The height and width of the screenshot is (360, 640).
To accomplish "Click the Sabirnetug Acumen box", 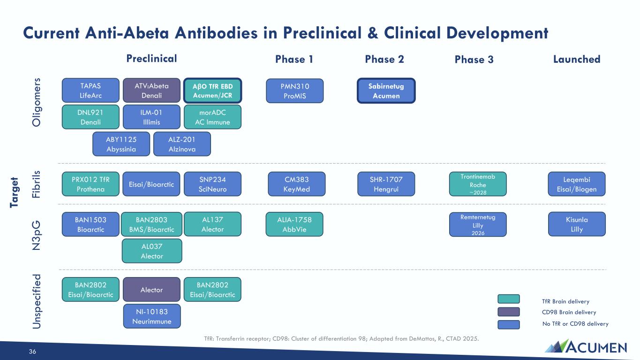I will [x=386, y=90].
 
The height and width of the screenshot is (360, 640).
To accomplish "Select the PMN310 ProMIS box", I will [x=294, y=90].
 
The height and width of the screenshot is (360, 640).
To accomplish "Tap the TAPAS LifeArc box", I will [x=90, y=90].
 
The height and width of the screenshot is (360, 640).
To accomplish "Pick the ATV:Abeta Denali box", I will [x=151, y=90].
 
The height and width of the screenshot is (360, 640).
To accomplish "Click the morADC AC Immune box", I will [x=212, y=117].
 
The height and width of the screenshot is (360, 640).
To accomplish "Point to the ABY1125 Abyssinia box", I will [x=121, y=144].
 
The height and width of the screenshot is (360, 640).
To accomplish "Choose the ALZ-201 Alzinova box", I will [x=182, y=144].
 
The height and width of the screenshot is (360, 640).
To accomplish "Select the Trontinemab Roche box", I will [x=478, y=184].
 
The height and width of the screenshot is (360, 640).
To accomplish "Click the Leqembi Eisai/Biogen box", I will [x=577, y=184].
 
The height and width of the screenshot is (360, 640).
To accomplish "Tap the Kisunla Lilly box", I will [x=577, y=224].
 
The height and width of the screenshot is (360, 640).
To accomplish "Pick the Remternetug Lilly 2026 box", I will [x=478, y=225].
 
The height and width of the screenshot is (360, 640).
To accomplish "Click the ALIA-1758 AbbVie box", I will [x=294, y=224].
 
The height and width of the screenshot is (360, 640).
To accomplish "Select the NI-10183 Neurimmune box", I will [x=152, y=316].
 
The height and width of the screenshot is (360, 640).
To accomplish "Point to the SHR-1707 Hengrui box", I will [x=386, y=184].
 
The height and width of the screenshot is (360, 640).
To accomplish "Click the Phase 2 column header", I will [x=384, y=59].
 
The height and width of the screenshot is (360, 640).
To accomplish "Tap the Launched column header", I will [x=577, y=59].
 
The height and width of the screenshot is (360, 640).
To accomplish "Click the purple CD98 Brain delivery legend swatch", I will [x=509, y=312].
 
